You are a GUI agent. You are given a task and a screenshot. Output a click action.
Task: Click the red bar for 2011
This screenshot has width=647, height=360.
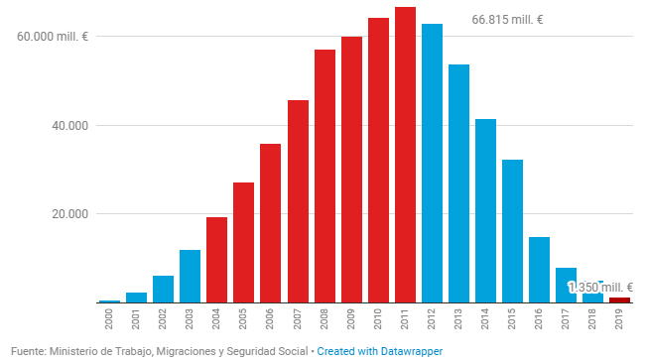pos(405,155)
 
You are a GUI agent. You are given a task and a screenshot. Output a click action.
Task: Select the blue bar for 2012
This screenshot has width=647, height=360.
pos(432,164)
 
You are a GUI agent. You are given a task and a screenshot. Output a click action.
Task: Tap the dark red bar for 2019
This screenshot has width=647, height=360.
pos(620,300)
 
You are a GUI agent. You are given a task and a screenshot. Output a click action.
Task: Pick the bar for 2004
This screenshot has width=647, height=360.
pos(216,260)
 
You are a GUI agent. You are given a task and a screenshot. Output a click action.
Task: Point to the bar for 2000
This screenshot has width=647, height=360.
pos(109,301)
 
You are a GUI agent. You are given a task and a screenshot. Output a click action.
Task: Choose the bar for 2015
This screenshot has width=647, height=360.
pos(512,231)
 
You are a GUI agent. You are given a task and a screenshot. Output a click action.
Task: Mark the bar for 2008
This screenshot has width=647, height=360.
pos(324,177)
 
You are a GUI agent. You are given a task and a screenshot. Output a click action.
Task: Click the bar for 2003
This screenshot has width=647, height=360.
pos(190,277)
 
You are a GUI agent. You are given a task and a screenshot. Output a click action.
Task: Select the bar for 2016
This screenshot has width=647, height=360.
pos(539,270)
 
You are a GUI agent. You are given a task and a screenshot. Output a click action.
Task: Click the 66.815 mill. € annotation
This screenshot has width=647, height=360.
pos(507,20)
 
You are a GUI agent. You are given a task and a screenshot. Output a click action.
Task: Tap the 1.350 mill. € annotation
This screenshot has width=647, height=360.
pos(600,287)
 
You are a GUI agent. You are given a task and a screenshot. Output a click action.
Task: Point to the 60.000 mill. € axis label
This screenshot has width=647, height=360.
pos(53,37)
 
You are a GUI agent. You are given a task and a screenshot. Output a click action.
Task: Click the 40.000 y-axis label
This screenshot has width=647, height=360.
pos(69,125)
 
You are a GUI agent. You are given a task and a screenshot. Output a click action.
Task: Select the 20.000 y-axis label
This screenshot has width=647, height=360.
pos(69,214)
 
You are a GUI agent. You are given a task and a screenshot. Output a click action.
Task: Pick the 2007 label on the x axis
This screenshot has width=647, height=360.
pos(298,319)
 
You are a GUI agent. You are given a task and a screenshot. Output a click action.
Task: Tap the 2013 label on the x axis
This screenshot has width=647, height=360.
pos(458,319)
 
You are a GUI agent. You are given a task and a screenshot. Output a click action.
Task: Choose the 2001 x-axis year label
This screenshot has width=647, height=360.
pos(136,319)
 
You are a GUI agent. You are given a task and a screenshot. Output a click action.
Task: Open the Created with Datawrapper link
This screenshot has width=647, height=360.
pos(380,351)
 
